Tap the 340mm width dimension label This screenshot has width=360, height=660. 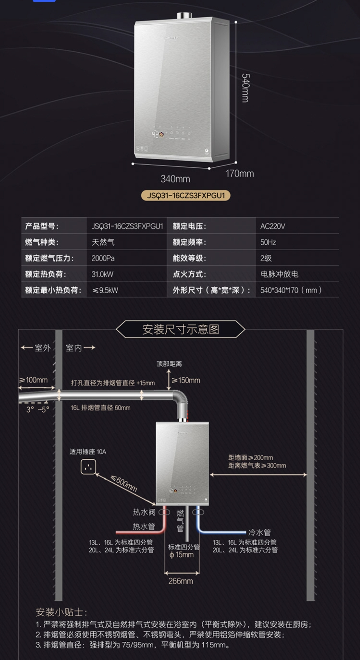[x=175, y=179]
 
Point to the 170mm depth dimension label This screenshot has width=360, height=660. [x=240, y=174]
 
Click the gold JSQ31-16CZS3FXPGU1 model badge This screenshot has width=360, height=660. [x=185, y=196]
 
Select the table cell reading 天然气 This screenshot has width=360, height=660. [x=103, y=242]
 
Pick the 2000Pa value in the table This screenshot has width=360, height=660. [x=103, y=258]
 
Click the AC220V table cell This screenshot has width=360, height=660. [x=272, y=226]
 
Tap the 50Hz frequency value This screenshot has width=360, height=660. [x=268, y=242]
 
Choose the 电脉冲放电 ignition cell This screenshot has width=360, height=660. [x=279, y=274]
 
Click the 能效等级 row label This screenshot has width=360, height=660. [x=189, y=258]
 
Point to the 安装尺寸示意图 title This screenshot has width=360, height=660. [x=181, y=329]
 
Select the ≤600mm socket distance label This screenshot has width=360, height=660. [x=123, y=483]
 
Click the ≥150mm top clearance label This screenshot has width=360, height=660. [x=186, y=380]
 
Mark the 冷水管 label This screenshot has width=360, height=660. [x=259, y=532]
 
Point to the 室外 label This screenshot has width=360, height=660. [x=43, y=348]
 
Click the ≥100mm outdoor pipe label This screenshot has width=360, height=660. [x=33, y=380]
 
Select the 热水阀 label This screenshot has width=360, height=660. [x=144, y=512]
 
